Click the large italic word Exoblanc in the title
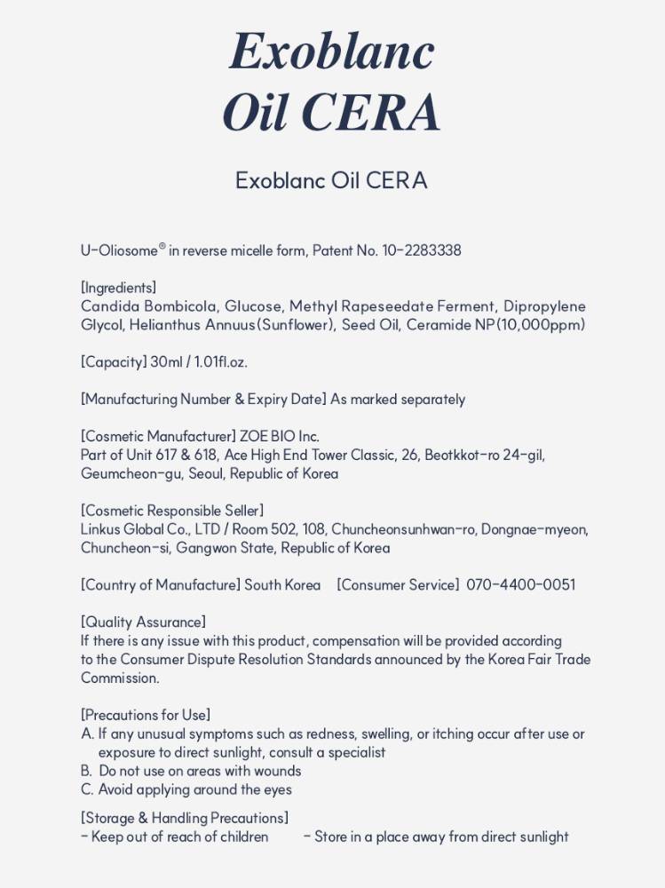tap(332, 52)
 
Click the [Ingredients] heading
tap(118, 288)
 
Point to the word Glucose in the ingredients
tap(253, 306)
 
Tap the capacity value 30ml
tap(165, 362)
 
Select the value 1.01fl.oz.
tap(221, 362)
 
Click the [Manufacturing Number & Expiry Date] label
tap(203, 400)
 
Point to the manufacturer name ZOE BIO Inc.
tap(280, 437)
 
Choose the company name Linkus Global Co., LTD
tap(145, 530)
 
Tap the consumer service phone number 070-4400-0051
tap(521, 585)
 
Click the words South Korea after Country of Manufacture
tap(282, 585)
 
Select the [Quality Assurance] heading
tap(143, 622)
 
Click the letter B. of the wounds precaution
tap(86, 772)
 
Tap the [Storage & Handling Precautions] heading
tap(184, 819)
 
